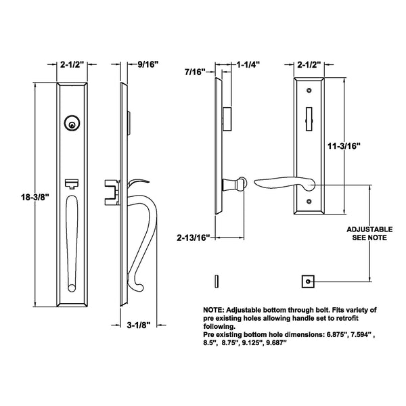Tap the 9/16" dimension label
[x=146, y=65]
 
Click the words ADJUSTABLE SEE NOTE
[x=369, y=233]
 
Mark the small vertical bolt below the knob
[x=216, y=280]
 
